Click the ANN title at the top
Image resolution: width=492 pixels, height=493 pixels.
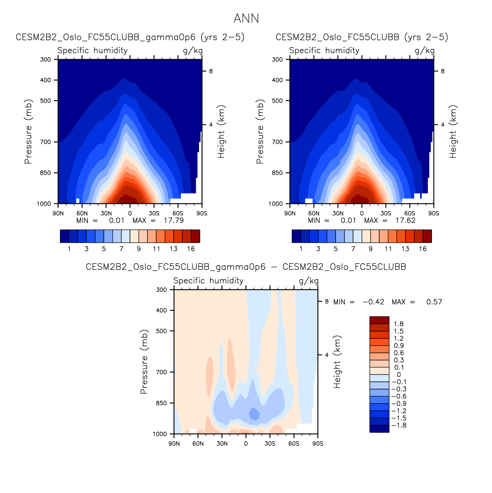246,18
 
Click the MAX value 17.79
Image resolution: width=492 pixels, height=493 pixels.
174,220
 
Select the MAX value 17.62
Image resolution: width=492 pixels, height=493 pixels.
405,220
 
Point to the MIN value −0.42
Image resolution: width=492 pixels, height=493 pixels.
373,302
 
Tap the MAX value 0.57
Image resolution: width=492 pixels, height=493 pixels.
434,302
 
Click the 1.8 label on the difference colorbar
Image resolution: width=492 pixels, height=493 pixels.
398,324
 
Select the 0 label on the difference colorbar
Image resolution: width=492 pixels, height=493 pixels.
399,374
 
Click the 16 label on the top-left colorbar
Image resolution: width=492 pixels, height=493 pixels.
191,249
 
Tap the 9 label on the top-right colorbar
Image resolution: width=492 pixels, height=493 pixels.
371,249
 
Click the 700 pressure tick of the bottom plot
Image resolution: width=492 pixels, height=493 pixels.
162,372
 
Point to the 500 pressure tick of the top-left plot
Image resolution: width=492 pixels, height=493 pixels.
46,101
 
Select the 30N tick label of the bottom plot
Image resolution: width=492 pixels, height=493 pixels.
222,444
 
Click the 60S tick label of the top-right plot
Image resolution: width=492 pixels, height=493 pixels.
410,213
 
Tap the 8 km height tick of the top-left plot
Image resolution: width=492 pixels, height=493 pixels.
211,71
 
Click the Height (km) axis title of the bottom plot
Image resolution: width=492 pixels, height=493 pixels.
337,362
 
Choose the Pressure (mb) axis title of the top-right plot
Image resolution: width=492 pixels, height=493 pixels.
260,132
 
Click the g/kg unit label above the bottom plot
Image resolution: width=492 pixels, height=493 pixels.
309,281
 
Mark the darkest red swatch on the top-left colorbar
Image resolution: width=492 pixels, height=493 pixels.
195,236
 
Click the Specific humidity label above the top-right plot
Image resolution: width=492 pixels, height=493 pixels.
324,50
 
